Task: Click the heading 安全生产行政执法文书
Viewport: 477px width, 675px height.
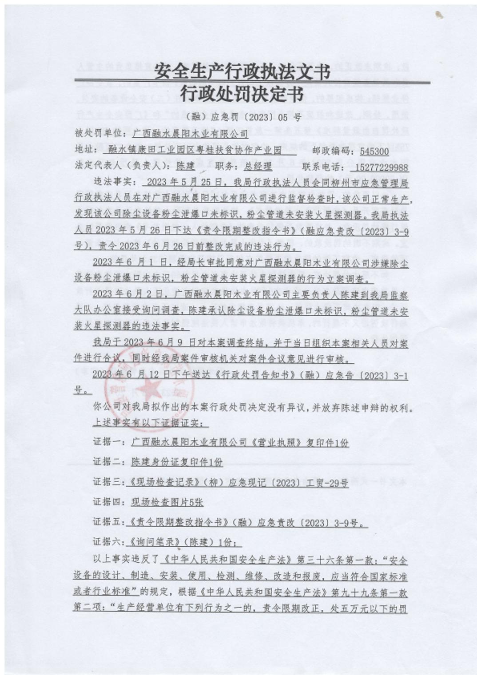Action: tap(242, 71)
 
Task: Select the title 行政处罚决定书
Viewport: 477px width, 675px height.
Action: tap(242, 94)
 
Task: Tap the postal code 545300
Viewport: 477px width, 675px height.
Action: tap(374, 151)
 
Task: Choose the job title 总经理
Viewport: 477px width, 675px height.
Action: tap(258, 167)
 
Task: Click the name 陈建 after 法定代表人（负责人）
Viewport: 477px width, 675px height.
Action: tap(185, 166)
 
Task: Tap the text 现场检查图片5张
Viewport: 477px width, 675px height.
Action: tap(167, 502)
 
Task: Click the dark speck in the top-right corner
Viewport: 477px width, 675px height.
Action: tap(439, 15)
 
